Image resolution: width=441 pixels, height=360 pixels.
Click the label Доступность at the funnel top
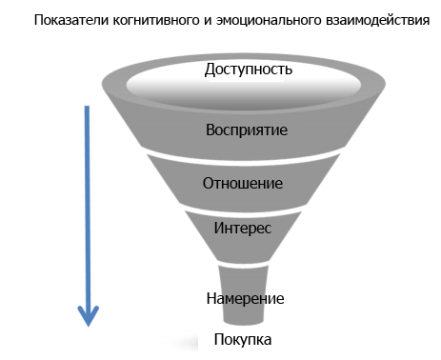(x=247, y=70)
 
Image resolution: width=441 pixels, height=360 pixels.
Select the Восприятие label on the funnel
(x=247, y=129)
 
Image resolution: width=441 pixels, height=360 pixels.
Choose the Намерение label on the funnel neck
(x=245, y=298)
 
